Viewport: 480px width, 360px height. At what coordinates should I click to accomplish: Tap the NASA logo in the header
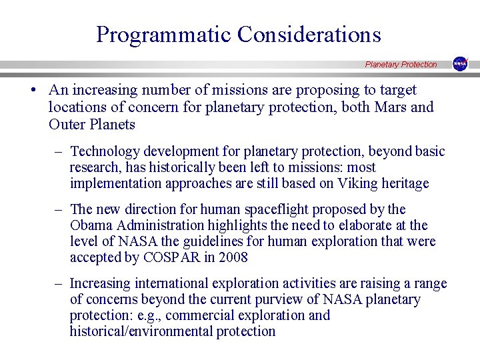tap(460, 64)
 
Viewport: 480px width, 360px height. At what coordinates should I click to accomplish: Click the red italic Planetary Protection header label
tap(401, 65)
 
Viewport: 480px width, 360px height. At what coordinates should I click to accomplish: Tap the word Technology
tap(104, 151)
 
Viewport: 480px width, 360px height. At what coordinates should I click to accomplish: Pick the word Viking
tap(356, 183)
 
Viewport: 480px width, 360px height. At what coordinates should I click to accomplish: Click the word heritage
tap(404, 183)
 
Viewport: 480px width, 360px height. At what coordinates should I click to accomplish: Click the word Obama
tap(91, 225)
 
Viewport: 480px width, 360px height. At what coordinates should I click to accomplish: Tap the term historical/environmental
tap(141, 331)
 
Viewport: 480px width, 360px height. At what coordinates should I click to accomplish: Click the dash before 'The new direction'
tap(59, 209)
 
